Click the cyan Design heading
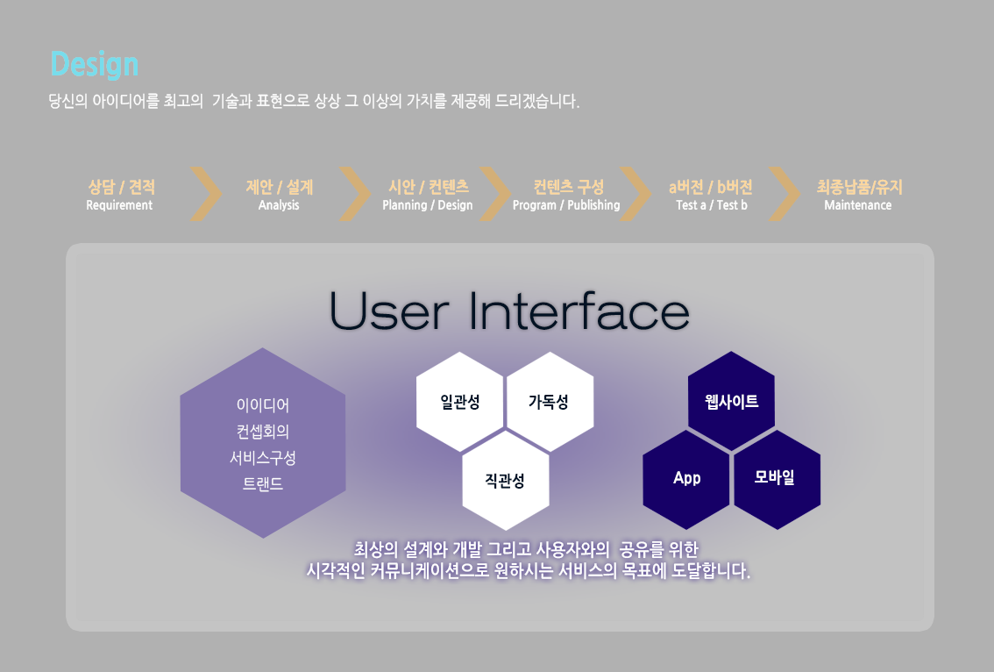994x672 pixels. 95,65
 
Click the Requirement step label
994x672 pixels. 119,205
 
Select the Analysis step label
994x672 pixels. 279,205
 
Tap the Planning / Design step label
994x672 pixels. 427,205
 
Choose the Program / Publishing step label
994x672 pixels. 566,205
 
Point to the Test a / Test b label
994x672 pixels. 711,205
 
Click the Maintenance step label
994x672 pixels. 858,205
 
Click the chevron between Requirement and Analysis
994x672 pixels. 207,194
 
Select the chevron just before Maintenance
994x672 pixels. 785,194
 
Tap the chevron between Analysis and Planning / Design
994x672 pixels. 355,194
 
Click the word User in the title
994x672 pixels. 389,311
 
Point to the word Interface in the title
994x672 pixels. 579,311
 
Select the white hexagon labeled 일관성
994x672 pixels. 460,401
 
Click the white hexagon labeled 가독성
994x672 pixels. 550,401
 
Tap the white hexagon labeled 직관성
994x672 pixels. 505,481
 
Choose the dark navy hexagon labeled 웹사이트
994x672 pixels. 732,401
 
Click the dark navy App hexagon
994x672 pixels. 686,479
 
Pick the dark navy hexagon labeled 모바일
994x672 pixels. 777,479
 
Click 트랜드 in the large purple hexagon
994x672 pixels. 263,484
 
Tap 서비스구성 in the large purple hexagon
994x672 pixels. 263,458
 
